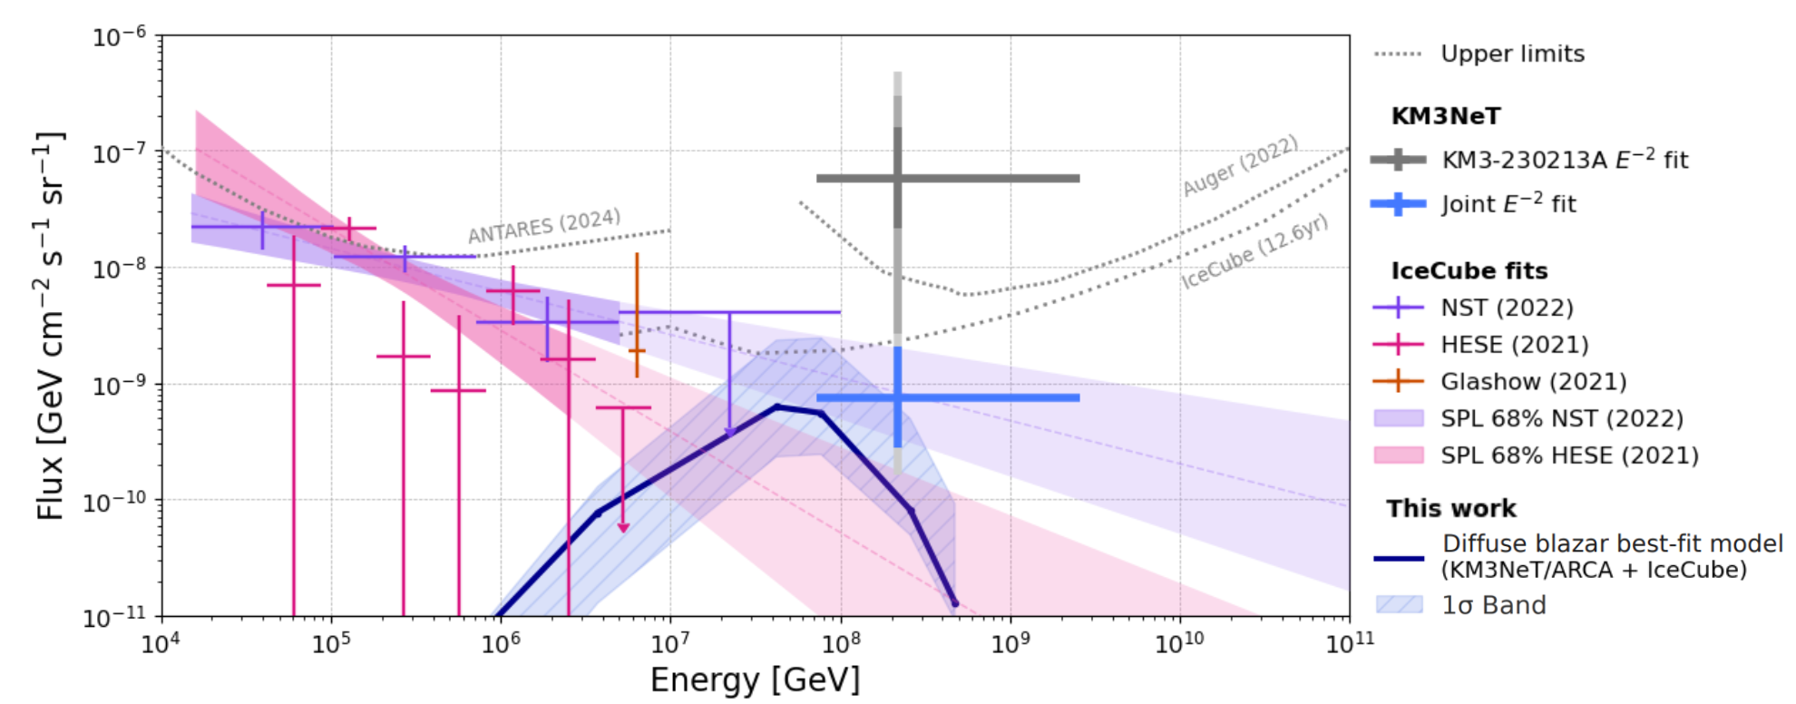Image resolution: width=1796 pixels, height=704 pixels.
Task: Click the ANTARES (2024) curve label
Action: coord(544,226)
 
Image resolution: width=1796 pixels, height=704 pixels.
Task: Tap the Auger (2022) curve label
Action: coord(1240,165)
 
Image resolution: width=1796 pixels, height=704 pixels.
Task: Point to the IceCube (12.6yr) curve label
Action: coord(1254,252)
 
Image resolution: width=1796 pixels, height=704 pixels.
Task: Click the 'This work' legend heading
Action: coord(1450,508)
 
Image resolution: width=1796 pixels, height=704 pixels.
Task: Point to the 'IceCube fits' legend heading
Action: coord(1469,270)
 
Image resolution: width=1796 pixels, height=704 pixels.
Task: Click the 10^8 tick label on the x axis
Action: coord(840,643)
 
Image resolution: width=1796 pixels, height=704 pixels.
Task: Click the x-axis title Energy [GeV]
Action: coord(755,680)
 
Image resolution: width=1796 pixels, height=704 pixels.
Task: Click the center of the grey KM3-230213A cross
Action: coord(897,178)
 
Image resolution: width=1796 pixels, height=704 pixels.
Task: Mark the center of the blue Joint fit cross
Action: coord(897,397)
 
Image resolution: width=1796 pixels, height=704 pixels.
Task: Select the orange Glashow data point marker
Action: coord(637,350)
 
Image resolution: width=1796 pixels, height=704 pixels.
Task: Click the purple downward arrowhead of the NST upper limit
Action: coord(729,434)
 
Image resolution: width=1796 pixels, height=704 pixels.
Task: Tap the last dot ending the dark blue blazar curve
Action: coord(954,603)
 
